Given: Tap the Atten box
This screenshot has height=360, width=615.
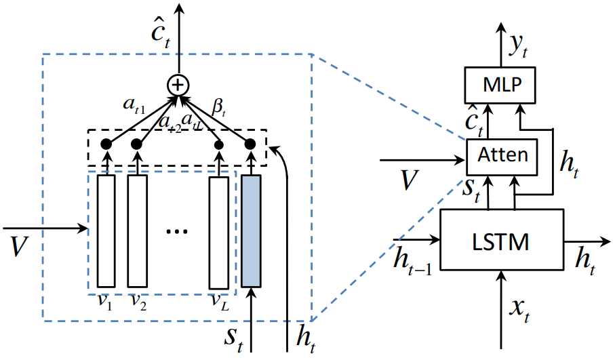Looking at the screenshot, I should point(503,155).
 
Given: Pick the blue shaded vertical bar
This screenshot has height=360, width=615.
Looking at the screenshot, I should point(251,231).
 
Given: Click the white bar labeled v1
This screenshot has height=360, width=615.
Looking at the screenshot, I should point(106,231).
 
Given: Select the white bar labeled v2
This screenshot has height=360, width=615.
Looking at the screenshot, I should point(138,231).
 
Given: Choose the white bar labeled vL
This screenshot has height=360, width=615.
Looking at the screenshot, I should point(218,231).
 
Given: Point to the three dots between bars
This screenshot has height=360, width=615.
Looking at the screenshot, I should point(177,231).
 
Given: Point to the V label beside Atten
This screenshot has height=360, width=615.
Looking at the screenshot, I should point(409,180).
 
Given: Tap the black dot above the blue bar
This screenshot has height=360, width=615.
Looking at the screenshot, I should point(250,144).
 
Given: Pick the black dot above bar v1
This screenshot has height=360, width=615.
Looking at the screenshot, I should point(106,144).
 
